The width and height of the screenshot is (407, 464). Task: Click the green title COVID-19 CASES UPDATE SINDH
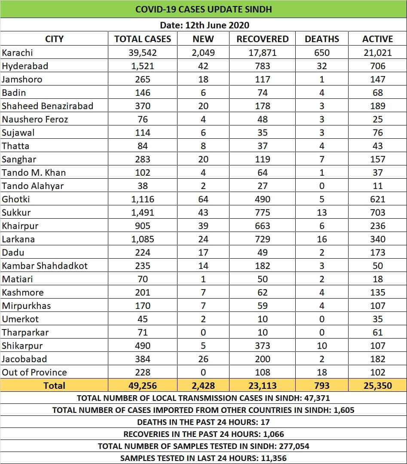point(203,9)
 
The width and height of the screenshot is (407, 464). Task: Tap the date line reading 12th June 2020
point(204,25)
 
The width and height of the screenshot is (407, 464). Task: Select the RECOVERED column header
point(262,39)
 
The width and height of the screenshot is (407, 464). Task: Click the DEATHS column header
point(321,39)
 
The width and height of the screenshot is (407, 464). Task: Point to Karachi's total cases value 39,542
point(142,53)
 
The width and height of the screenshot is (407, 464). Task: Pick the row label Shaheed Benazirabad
point(47,106)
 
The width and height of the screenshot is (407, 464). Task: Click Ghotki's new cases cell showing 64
point(203,199)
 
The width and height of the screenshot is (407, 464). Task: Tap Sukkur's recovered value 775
point(262,213)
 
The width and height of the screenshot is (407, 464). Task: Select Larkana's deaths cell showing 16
point(321,239)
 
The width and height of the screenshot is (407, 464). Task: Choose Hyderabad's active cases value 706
point(377,66)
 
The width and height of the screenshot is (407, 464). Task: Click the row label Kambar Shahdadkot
point(44,266)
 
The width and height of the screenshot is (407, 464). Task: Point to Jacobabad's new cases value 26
point(203,359)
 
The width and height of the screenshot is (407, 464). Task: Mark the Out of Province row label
point(34,372)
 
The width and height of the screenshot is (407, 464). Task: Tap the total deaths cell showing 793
point(321,386)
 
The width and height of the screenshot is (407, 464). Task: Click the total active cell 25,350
point(377,386)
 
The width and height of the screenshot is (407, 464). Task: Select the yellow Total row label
point(54,386)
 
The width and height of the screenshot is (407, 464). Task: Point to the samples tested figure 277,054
point(294,446)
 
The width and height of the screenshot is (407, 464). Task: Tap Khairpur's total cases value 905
point(142,226)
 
